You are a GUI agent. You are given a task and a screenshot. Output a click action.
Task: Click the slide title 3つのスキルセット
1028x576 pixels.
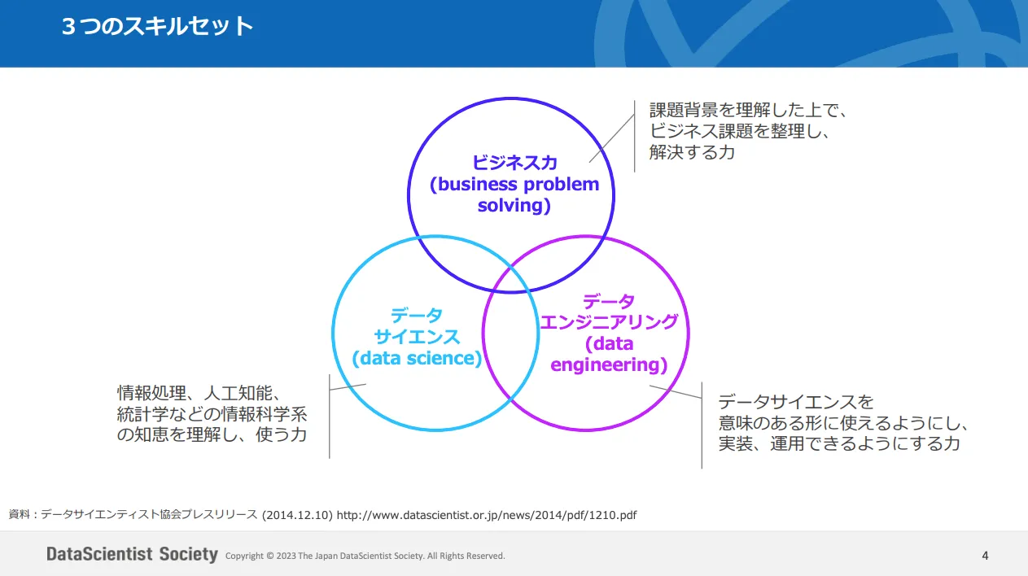(157, 26)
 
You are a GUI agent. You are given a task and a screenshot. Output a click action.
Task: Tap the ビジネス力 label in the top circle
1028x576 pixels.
(514, 163)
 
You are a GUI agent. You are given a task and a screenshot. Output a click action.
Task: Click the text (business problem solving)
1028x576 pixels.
(514, 194)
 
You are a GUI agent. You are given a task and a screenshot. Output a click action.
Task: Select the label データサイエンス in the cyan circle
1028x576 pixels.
(417, 326)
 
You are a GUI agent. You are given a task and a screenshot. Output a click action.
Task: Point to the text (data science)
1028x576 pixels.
(417, 358)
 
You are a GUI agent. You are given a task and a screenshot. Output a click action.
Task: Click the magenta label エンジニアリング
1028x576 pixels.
(609, 322)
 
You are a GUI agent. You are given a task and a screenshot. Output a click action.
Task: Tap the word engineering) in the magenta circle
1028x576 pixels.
(609, 364)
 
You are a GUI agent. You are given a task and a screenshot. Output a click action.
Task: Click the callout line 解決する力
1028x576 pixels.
(692, 152)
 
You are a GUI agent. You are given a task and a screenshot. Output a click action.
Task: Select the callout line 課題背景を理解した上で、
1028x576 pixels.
(748, 110)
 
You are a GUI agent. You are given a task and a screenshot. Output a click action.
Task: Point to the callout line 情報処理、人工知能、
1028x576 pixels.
(199, 393)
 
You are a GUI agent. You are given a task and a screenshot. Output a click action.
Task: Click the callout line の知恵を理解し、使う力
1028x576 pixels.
(212, 434)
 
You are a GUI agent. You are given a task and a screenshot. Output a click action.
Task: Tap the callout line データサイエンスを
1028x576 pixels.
(795, 402)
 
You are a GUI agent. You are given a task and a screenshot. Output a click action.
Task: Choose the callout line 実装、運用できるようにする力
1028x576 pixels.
(839, 443)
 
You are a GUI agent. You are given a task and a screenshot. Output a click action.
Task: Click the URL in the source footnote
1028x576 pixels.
(487, 515)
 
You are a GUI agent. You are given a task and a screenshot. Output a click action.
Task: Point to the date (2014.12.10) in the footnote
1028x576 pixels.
(297, 515)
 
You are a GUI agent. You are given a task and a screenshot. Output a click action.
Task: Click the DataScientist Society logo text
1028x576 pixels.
(132, 554)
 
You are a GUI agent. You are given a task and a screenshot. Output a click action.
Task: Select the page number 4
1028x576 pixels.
(985, 556)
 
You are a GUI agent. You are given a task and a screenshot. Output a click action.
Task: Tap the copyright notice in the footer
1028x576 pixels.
(365, 556)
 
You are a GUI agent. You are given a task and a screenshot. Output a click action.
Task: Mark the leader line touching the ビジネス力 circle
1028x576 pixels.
(612, 138)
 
